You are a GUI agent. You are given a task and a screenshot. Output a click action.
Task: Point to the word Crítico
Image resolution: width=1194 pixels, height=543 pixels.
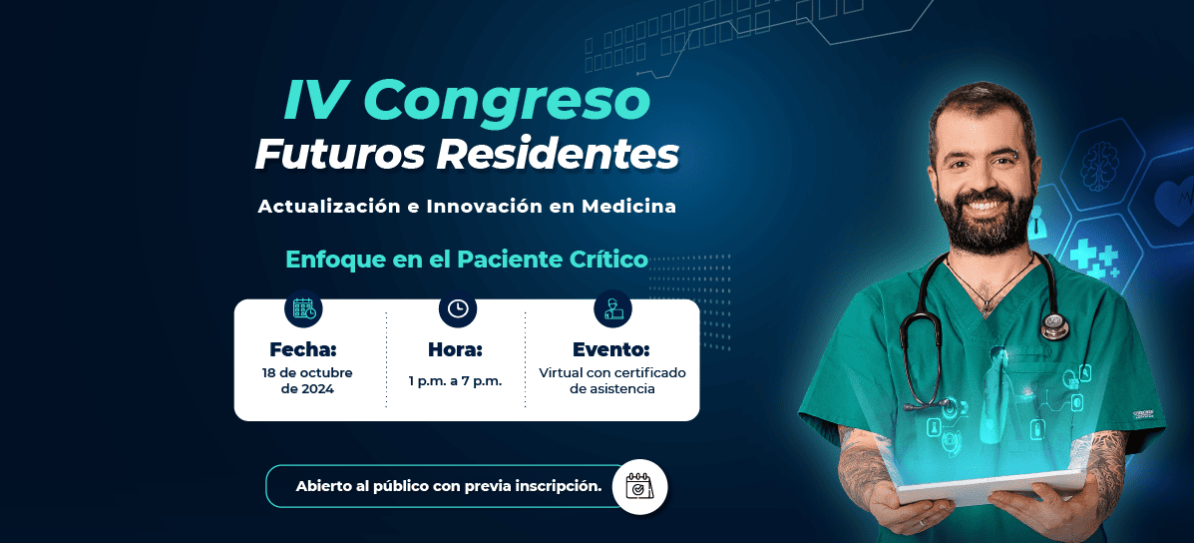(608, 260)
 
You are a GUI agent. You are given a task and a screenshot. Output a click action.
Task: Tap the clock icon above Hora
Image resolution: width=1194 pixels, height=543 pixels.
(458, 308)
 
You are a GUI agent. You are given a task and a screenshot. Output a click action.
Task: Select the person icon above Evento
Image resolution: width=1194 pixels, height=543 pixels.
(613, 308)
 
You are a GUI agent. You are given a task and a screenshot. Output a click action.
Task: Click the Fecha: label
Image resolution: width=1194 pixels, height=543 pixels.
(303, 349)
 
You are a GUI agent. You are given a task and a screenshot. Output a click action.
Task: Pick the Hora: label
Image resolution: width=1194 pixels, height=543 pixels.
(456, 349)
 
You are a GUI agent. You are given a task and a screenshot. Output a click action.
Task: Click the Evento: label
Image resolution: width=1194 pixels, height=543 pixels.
(610, 349)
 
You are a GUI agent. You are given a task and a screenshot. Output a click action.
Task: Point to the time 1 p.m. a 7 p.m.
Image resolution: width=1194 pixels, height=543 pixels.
(456, 380)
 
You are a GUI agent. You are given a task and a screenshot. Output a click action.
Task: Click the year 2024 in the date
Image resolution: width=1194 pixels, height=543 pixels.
(319, 389)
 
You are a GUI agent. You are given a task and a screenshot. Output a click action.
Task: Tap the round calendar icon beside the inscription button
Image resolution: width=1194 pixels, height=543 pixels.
(639, 487)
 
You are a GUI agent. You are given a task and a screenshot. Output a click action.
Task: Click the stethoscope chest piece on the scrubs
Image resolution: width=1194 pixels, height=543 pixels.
(1054, 326)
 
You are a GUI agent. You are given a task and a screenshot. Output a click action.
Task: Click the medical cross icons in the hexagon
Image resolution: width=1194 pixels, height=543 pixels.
(1093, 258)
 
